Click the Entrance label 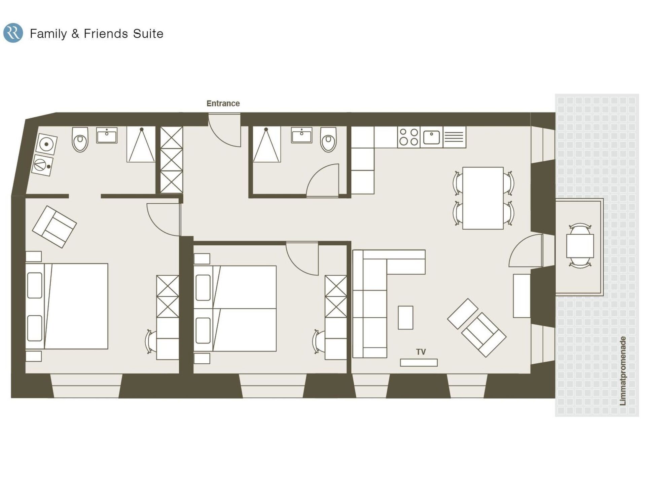(x=223, y=104)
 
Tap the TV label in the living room (x=421, y=352)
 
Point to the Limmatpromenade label (x=623, y=371)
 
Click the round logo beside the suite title (x=13, y=33)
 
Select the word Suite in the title (x=148, y=34)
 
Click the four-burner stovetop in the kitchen (x=408, y=137)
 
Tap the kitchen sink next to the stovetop (x=431, y=137)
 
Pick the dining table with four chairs (x=483, y=198)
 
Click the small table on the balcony (x=580, y=246)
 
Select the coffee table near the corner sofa (x=405, y=318)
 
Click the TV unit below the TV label (x=419, y=363)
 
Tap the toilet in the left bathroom (x=80, y=139)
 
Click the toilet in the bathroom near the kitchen (x=328, y=139)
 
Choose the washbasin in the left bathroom (x=107, y=135)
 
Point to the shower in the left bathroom (x=141, y=145)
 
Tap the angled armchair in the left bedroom (x=54, y=227)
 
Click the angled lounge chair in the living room (x=477, y=328)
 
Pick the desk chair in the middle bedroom (x=318, y=341)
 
